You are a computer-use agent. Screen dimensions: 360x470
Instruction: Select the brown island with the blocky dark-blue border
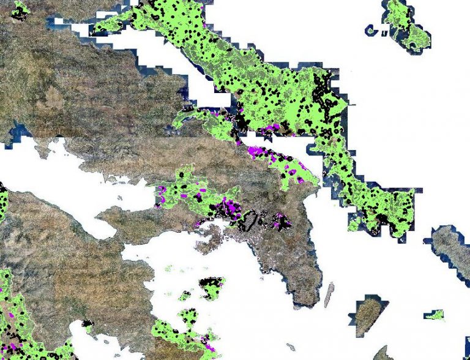[x=367, y=313]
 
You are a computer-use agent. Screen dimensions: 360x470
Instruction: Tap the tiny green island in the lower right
[x=435, y=315]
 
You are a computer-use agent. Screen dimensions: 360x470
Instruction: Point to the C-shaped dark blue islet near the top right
[x=371, y=29]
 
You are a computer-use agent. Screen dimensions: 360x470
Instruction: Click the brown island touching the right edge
[x=451, y=247]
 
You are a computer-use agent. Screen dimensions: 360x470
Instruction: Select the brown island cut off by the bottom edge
[x=384, y=353]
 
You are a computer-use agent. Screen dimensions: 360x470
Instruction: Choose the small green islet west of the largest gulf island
[x=185, y=296]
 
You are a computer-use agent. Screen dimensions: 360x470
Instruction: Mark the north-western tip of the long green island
[x=93, y=31]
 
